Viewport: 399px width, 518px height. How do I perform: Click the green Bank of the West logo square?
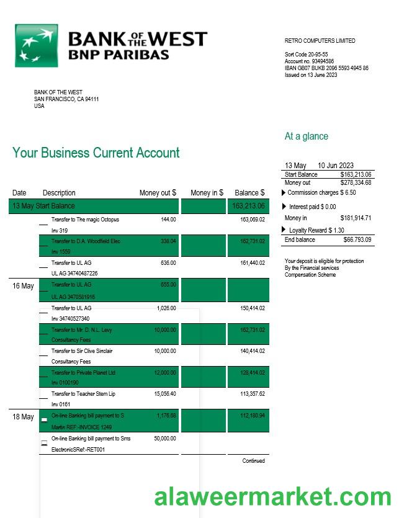36,46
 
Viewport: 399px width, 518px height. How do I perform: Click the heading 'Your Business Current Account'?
96,153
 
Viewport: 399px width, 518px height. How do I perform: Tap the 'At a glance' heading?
306,136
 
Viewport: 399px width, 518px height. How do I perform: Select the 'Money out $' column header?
158,193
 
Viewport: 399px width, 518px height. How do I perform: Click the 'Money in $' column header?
207,193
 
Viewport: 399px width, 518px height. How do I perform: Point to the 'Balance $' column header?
249,193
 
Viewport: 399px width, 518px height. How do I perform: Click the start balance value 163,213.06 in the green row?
248,206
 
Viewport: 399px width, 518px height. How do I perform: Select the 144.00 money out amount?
168,220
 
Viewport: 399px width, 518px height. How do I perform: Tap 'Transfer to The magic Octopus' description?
85,220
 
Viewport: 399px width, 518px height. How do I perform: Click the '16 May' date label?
23,286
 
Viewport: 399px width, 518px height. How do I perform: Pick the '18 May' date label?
23,417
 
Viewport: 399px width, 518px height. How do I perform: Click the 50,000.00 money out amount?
164,439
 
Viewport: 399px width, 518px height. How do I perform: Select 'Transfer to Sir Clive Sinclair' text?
82,351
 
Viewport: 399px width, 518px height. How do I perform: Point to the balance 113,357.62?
252,394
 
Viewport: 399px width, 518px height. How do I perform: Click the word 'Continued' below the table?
253,461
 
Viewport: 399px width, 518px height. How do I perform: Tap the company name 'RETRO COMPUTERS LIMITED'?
320,41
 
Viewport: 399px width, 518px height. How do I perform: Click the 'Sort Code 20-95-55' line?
306,55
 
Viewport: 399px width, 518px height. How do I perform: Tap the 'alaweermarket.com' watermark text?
272,497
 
